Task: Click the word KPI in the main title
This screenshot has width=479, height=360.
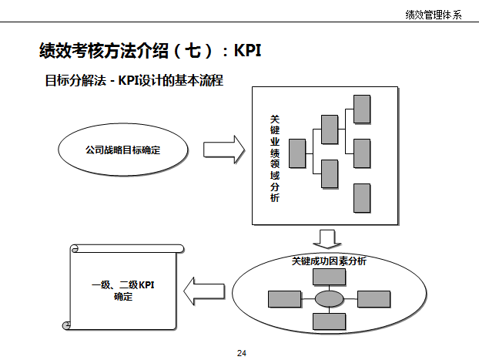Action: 247,51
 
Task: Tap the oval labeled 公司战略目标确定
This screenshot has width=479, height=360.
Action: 123,150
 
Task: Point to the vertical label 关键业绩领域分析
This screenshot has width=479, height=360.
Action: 275,158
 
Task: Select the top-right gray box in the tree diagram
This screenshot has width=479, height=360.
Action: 362,109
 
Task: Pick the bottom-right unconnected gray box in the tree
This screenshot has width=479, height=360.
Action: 362,198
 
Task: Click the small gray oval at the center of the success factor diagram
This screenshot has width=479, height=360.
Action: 329,298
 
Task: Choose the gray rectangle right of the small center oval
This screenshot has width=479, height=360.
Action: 374,298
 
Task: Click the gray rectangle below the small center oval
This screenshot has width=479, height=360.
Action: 329,321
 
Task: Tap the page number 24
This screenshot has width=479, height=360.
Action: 242,352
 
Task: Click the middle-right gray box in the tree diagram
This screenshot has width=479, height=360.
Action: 362,153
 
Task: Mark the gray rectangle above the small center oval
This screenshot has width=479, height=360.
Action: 329,276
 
